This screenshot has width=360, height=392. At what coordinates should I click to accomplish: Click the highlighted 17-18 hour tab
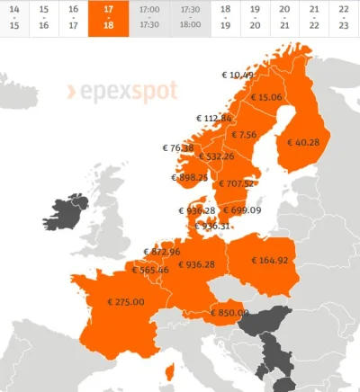(107, 16)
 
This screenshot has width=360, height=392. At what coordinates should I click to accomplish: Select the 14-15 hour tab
(13, 16)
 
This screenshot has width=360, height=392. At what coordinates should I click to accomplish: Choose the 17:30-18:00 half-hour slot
(191, 16)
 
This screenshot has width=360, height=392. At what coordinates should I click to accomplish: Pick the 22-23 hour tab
(343, 16)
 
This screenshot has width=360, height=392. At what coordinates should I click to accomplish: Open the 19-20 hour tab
(256, 16)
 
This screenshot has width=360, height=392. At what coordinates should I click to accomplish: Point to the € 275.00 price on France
(125, 302)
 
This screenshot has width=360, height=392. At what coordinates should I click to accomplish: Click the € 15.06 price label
(266, 97)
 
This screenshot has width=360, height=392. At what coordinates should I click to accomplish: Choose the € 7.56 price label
(244, 135)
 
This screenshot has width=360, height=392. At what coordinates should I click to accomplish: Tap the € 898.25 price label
(188, 178)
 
